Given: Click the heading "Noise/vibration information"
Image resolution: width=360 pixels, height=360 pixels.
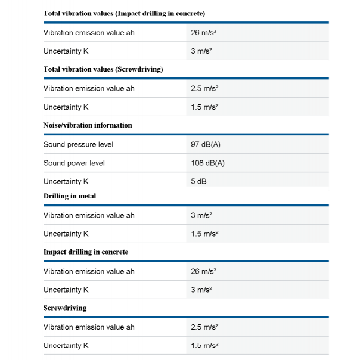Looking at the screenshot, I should coord(88,125).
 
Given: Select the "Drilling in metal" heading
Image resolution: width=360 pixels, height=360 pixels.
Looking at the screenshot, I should coord(70,196).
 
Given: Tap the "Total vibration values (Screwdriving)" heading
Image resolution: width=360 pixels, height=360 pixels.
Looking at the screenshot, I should coord(103,69).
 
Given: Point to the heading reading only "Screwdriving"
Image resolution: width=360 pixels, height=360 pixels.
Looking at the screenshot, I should coord(65,308).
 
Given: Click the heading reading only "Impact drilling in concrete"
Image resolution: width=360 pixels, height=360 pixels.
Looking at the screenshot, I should coord(86,252).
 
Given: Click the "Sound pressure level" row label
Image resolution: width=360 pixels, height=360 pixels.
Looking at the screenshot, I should coord(78,144).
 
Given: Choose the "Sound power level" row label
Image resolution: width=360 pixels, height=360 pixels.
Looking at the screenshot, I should coord(74,163).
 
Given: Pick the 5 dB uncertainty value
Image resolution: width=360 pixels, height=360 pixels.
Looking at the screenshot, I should coord(198,181).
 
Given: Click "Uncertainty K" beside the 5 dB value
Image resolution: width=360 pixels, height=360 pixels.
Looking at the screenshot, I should coord(66,181).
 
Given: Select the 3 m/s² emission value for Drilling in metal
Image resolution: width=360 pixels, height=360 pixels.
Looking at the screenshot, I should coord(201,215).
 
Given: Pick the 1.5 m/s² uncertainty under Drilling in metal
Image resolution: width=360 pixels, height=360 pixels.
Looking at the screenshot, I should coord(204,234).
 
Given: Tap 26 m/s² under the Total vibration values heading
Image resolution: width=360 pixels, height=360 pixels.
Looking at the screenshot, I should coord(203,32).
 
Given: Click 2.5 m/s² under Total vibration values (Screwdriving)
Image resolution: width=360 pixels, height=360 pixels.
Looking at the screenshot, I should coord(204,88).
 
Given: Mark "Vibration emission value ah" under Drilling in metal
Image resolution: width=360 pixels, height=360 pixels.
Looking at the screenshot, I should coord(89,215).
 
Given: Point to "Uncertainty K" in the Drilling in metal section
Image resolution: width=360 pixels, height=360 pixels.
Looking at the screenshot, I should coord(66,234).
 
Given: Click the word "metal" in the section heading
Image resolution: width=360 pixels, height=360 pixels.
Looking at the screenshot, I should coord(86,196).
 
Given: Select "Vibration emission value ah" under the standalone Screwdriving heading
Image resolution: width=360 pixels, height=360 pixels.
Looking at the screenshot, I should coord(89,327).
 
